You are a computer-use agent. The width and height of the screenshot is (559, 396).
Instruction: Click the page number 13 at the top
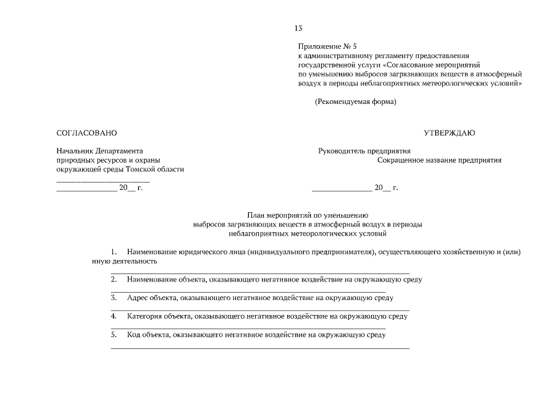point(298,28)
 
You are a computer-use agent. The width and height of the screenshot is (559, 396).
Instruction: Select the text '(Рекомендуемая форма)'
point(355,101)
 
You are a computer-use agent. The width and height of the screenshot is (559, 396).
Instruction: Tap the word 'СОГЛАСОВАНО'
point(86,133)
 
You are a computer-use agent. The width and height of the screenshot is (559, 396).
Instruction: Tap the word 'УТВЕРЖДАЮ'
point(449,133)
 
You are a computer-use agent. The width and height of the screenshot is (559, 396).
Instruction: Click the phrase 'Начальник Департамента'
point(99,150)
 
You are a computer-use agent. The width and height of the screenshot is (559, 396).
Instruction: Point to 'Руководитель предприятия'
point(364,150)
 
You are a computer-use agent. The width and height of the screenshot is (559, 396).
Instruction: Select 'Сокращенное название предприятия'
point(439,160)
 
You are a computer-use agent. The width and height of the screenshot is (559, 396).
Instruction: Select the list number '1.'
point(114,252)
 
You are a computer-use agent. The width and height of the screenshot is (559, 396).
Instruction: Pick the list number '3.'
point(114,298)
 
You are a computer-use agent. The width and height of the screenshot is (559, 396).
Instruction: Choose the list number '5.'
point(114,335)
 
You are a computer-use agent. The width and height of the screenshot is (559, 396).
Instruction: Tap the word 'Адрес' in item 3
point(137,298)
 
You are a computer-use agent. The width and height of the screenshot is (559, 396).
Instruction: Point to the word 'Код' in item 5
point(133,335)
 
